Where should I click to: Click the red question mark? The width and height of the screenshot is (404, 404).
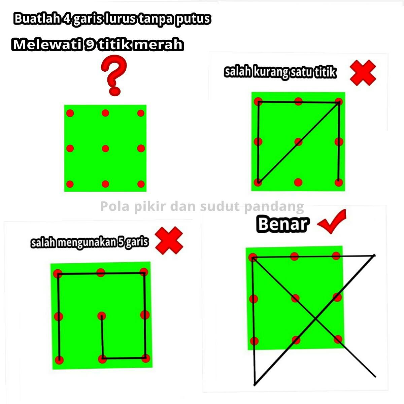(114, 75)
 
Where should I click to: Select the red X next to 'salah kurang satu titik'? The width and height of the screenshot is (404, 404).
(363, 73)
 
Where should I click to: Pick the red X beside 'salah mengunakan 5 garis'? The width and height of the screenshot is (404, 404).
(169, 240)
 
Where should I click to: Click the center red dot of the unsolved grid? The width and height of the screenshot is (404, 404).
(105, 148)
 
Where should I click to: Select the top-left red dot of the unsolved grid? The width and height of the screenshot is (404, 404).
(70, 113)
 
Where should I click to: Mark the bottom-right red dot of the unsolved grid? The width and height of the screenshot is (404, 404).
(141, 184)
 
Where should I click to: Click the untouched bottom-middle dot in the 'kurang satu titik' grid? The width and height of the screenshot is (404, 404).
(298, 182)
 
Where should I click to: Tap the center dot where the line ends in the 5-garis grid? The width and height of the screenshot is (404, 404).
(102, 316)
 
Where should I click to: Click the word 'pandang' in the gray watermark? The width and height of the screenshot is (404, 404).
(274, 207)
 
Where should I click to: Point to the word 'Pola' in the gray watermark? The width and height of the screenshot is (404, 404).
(115, 206)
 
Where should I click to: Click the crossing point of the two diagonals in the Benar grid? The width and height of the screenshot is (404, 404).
(315, 319)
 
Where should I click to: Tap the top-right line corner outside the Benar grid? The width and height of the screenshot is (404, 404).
(374, 255)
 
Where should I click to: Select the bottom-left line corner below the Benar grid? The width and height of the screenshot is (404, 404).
(255, 385)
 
